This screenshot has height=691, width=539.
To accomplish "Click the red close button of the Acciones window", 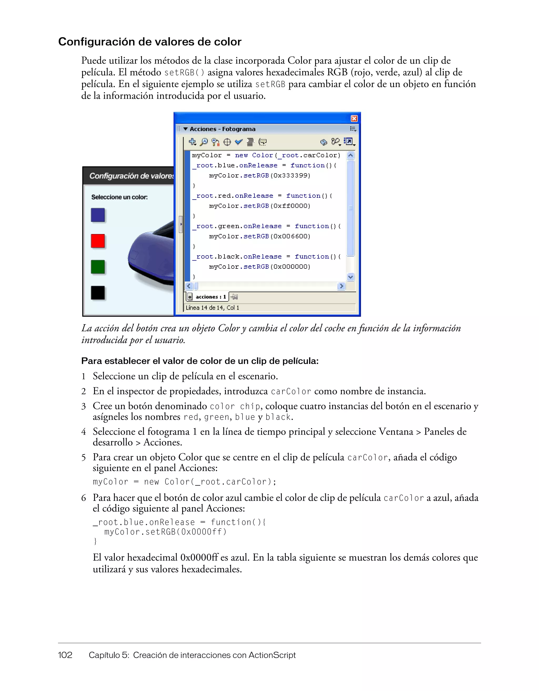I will pos(354,118).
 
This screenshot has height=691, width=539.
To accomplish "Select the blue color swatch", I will pos(98,215).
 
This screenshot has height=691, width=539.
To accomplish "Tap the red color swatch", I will pos(98,241).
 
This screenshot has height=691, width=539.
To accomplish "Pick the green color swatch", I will pos(98,267).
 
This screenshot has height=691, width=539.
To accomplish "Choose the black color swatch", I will pos(98,293).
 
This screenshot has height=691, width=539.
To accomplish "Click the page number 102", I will pos(65,655).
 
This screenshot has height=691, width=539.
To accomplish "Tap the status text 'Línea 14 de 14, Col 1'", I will pos(212,308).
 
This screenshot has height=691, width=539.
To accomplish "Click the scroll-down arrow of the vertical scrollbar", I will pos(350,277).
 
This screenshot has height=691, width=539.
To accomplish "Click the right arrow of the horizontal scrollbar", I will pos(341,286).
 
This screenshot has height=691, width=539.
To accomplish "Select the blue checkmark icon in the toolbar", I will pos(239,142).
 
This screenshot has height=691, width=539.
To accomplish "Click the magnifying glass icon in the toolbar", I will pos(204,142).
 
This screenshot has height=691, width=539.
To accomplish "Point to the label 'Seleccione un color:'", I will pos(119,197).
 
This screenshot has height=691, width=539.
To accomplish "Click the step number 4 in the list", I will pos(84,432).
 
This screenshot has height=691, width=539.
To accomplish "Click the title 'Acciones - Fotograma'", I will pos(222,129).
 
